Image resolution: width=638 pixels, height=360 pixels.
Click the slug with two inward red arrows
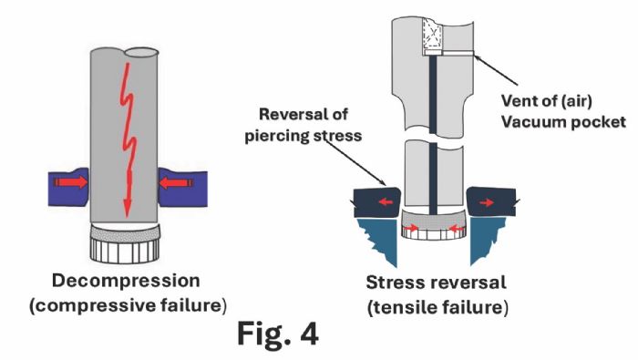(432, 228)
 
